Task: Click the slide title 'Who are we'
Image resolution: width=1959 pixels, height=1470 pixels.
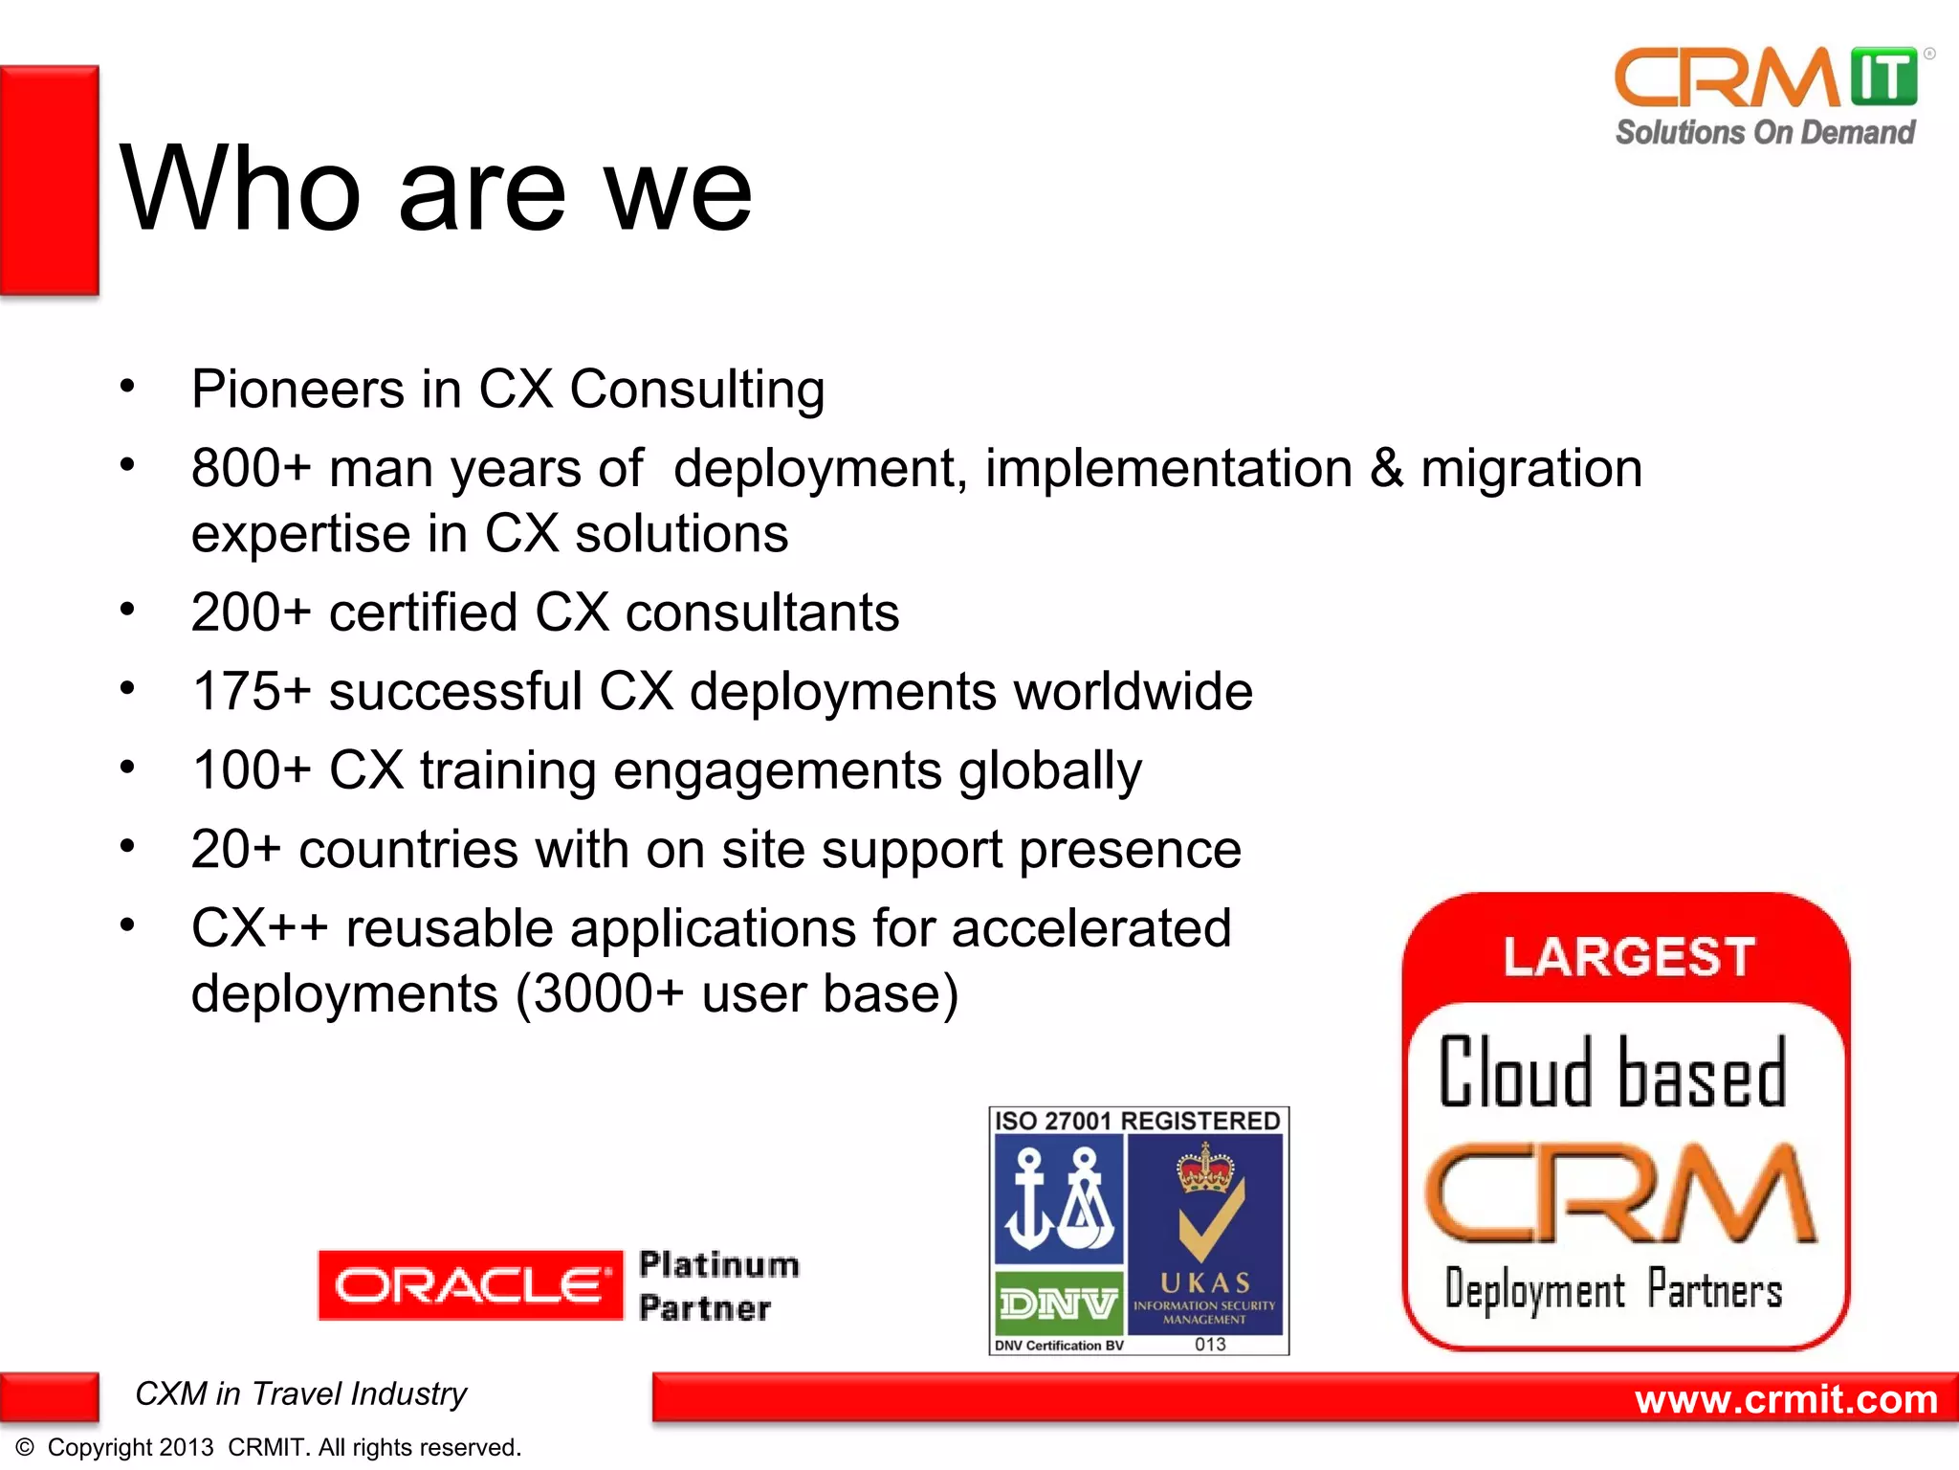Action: tap(436, 189)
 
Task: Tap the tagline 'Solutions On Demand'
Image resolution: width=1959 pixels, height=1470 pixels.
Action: tap(1766, 132)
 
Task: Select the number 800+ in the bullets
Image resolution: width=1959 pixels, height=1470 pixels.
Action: tap(252, 469)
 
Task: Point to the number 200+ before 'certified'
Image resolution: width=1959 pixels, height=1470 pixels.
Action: tap(252, 612)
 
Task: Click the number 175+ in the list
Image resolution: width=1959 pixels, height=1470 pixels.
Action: tap(252, 691)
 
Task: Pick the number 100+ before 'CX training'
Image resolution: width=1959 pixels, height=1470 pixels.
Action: tap(252, 770)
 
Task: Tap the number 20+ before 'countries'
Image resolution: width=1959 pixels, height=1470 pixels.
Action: tap(236, 849)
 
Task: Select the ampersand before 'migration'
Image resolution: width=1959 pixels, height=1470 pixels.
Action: tap(1387, 469)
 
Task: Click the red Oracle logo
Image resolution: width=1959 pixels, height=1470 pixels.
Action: tap(471, 1285)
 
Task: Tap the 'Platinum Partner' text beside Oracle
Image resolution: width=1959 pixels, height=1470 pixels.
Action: tap(719, 1286)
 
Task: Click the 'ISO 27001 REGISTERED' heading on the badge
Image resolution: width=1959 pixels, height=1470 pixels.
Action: tap(1138, 1121)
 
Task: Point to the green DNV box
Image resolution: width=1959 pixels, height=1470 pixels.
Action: tap(1059, 1303)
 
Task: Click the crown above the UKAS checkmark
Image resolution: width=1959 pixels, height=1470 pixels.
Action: tap(1206, 1169)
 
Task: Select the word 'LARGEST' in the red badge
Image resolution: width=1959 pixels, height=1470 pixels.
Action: tap(1629, 957)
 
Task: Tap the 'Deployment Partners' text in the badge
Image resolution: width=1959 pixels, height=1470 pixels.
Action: tap(1614, 1290)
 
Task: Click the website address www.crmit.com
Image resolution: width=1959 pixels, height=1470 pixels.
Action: tap(1787, 1399)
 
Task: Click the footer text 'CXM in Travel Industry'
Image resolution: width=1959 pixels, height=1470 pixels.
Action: tap(301, 1394)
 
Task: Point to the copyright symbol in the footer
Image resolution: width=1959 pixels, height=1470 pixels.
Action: tap(25, 1447)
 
